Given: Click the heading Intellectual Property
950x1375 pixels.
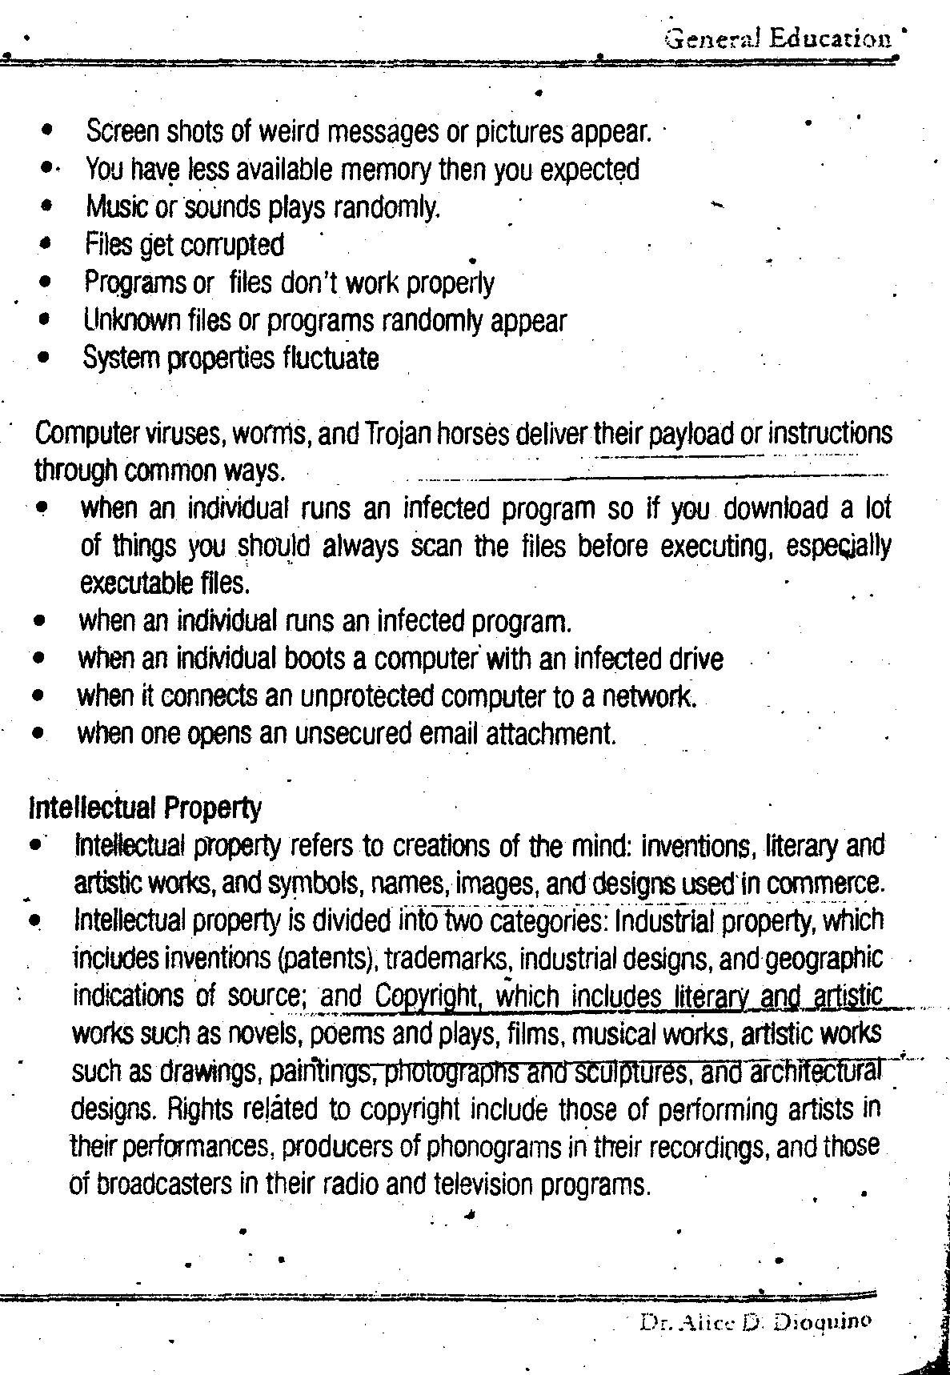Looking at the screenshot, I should click(145, 808).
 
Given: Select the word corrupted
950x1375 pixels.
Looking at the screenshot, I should click(234, 245).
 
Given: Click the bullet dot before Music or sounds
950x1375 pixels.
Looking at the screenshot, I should click(48, 206).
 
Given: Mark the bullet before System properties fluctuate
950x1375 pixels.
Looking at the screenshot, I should click(47, 359).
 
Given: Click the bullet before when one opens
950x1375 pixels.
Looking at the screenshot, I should click(38, 733).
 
